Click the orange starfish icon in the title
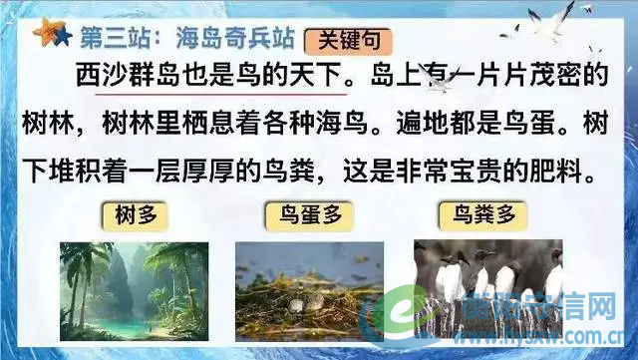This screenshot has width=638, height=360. [44, 34]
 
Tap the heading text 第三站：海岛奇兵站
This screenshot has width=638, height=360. [179, 39]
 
